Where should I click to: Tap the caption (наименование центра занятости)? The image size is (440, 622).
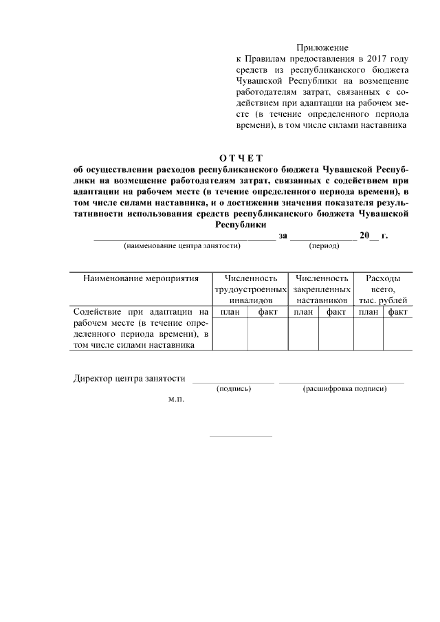[x=181, y=245]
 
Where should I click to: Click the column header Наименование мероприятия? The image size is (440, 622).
[x=141, y=279]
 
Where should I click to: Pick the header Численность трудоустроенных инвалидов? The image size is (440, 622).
[x=250, y=289]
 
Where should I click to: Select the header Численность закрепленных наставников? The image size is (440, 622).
[x=321, y=289]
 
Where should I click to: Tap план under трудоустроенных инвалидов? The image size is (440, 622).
[x=230, y=312]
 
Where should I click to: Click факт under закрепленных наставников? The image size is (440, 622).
[x=336, y=312]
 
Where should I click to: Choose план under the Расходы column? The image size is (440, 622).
[x=368, y=312]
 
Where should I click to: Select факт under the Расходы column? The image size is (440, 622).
[x=398, y=312]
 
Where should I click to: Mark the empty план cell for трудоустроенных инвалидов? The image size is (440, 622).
[x=230, y=334]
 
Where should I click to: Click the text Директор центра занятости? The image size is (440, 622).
[x=129, y=379]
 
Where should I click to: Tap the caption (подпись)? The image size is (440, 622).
[x=233, y=389]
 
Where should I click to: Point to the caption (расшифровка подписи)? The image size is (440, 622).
[x=344, y=389]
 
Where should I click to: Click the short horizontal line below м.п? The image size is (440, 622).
[x=241, y=436]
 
